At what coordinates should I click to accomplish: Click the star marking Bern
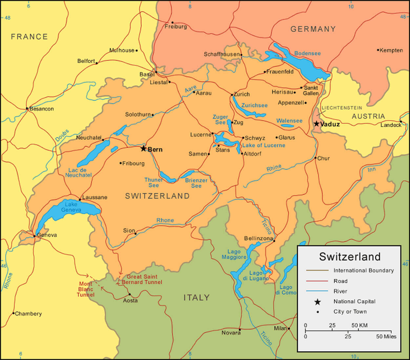[x=143, y=149]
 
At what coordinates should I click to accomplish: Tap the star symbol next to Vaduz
[x=317, y=124]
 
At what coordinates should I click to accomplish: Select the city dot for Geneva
[x=34, y=236]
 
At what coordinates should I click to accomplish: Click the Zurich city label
[x=242, y=94]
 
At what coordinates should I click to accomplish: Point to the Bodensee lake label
[x=307, y=53]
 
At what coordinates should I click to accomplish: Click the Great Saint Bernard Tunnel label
[x=142, y=279]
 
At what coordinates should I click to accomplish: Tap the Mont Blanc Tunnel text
[x=86, y=289]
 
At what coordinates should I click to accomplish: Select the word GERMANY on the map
[x=313, y=29]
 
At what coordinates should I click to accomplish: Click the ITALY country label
[x=196, y=298]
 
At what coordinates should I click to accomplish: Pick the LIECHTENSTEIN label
[x=342, y=108]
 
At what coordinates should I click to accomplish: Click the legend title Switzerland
[x=350, y=256]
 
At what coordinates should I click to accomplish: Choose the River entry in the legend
[x=340, y=291]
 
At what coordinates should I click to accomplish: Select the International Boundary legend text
[x=363, y=270]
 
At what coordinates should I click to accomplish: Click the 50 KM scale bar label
[x=359, y=325]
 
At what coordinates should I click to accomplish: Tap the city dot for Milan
[x=289, y=328]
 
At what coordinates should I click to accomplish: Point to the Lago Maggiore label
[x=234, y=254]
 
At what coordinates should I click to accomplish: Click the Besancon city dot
[x=27, y=108]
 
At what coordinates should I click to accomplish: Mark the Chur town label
[x=323, y=158]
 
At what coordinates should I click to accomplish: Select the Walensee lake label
[x=289, y=121]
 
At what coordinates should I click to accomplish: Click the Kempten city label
[x=391, y=50]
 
